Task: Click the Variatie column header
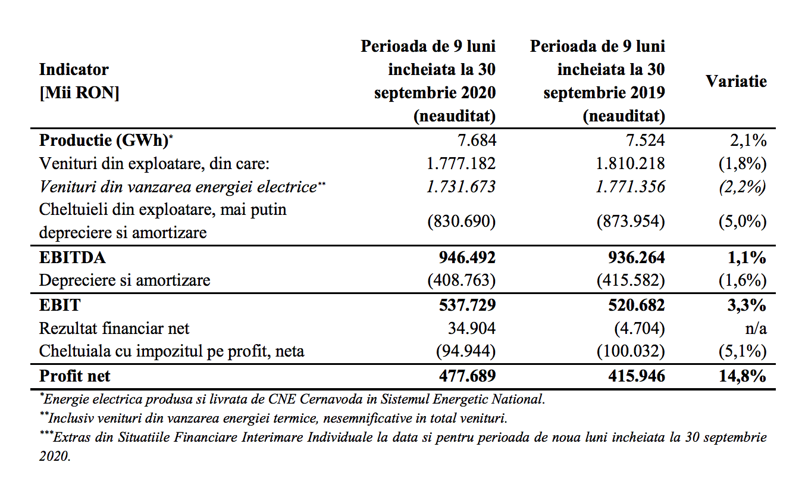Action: tap(736, 82)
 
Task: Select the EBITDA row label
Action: tap(73, 258)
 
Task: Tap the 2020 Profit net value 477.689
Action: tap(467, 376)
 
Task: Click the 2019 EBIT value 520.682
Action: tap(636, 305)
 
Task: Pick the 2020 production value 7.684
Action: tap(477, 140)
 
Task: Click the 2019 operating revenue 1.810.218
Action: tap(630, 164)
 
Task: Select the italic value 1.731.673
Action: tap(461, 187)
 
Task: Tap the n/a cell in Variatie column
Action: tap(756, 329)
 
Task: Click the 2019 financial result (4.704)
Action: tap(640, 329)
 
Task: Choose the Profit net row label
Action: tap(74, 376)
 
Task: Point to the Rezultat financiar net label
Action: tap(114, 329)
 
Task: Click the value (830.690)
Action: tap(462, 221)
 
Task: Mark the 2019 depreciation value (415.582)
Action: tap(631, 280)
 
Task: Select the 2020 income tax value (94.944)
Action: tap(466, 351)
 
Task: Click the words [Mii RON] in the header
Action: tap(79, 93)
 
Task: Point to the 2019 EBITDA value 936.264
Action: tap(636, 258)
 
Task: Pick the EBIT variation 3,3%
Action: tap(747, 305)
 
